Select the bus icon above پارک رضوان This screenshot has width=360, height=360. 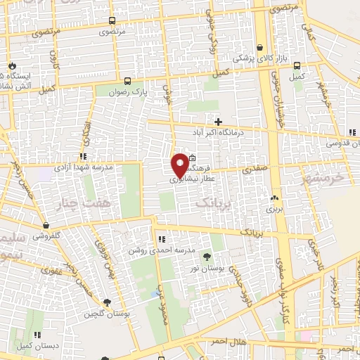pyautogui.click(x=127, y=80)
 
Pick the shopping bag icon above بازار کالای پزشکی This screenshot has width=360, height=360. pyautogui.click(x=262, y=45)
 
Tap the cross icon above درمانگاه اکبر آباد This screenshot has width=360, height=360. pyautogui.click(x=219, y=122)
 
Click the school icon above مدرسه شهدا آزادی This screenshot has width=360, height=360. pyautogui.click(x=83, y=156)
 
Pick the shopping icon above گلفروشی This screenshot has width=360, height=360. pyautogui.click(x=46, y=225)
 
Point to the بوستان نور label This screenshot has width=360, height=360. pyautogui.click(x=207, y=267)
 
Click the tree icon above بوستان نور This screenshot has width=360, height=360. pyautogui.click(x=207, y=256)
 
